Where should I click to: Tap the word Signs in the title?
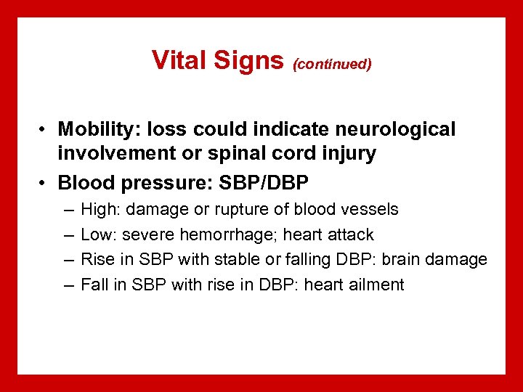(248, 60)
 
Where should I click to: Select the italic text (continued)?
(332, 65)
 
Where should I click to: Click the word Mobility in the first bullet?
(92, 129)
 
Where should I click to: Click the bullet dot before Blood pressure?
(44, 179)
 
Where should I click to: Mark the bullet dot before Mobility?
(44, 130)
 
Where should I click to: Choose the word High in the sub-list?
(98, 210)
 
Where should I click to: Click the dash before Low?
(68, 235)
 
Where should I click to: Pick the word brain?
(415, 259)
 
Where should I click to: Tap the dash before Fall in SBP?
(68, 285)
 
